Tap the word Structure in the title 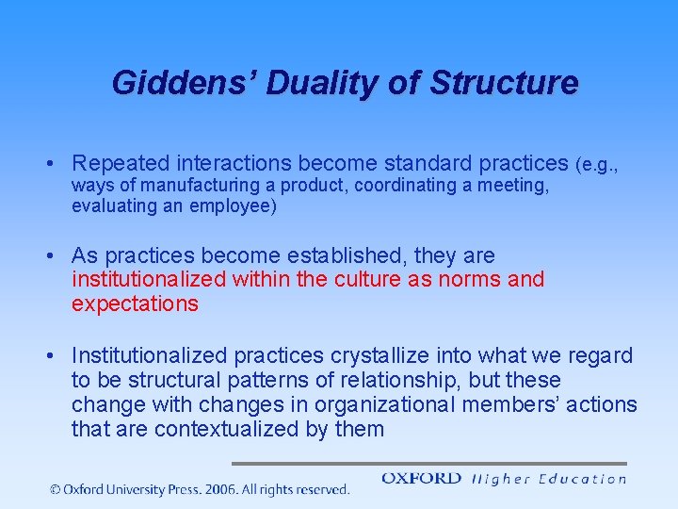pos(504,83)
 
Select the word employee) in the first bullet pos(234,205)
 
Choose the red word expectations pos(135,303)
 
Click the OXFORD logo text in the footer pos(421,479)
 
